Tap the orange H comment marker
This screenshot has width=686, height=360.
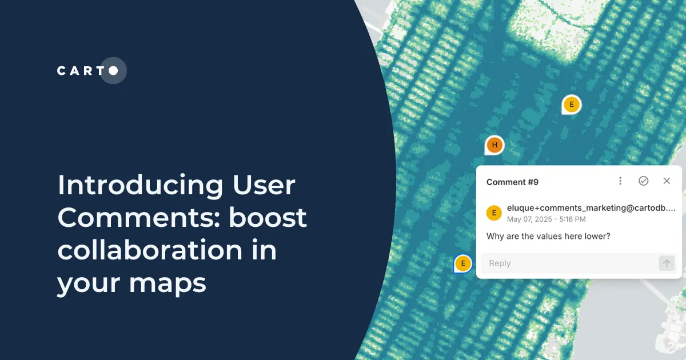(x=494, y=145)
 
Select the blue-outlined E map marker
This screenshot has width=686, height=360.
(x=463, y=263)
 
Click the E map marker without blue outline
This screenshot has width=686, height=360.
(x=571, y=105)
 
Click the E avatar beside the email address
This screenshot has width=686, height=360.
(x=494, y=213)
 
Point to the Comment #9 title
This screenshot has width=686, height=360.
(x=512, y=182)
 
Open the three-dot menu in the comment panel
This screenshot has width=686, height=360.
(x=620, y=181)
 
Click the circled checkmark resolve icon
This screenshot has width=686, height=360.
(x=643, y=181)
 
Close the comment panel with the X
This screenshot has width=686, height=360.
(x=667, y=181)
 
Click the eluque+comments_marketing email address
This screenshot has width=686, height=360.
(x=591, y=208)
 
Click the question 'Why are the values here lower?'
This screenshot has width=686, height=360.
(x=548, y=236)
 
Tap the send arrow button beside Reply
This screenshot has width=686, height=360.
(x=667, y=263)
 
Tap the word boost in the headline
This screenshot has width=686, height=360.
(x=269, y=218)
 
